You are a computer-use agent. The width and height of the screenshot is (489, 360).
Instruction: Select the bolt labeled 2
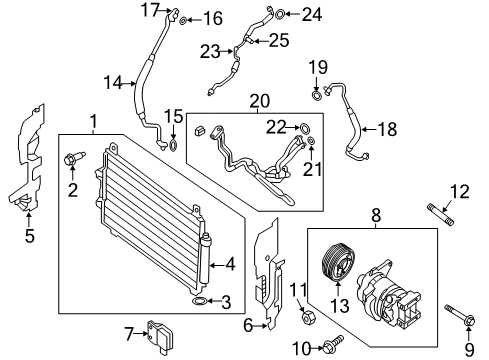coord(74,158)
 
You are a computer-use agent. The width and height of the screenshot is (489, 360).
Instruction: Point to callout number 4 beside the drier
coord(231,264)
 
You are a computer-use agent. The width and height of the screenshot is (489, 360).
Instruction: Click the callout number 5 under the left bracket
coord(29,236)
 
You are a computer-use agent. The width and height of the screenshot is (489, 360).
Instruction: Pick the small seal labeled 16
coord(187,20)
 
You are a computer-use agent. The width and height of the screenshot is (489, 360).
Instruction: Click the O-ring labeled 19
coord(317,96)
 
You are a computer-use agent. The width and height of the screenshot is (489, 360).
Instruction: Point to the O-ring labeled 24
coord(280,14)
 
